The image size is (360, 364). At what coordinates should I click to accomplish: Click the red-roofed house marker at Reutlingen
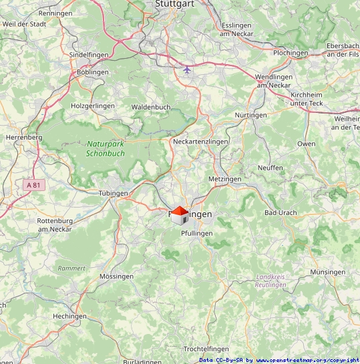pos(179,215)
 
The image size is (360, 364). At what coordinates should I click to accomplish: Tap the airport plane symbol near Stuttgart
pos(187,69)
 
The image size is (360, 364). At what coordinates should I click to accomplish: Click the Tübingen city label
pos(113,193)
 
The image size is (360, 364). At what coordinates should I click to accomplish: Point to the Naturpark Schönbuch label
pos(106,148)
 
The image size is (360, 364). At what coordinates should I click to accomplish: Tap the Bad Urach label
pos(281,212)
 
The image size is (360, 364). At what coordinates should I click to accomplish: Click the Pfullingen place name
pos(196,232)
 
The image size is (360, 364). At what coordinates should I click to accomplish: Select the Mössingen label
pos(116,276)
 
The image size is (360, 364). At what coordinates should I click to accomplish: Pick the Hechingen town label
pos(70,316)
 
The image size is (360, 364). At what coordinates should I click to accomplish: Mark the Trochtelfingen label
pos(206,349)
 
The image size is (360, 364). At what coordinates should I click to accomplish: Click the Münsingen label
pos(328,272)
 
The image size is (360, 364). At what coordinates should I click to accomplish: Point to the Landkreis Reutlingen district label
pos(271,281)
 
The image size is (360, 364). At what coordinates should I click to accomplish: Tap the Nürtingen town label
pos(251,115)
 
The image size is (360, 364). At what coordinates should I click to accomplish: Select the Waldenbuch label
pos(151,107)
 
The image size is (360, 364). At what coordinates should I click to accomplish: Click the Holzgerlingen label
pos(93,106)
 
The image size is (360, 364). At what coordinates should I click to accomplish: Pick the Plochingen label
pos(291,53)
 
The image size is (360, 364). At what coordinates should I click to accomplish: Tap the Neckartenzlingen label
pos(200,142)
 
